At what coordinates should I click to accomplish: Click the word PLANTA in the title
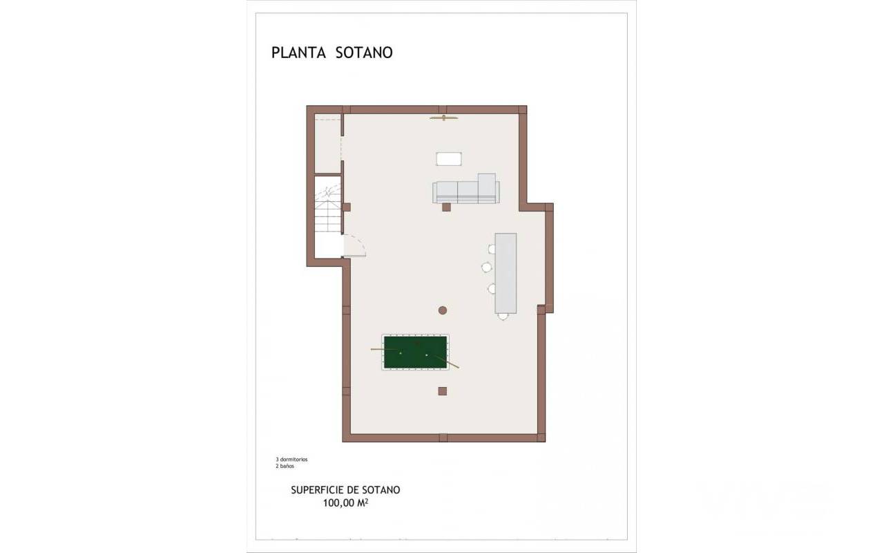pos(298,53)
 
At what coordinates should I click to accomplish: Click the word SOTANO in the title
pos(364,53)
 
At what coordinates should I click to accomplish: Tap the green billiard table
pos(416,353)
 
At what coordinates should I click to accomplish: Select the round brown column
pos(443,310)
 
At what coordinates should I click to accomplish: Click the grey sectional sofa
pos(466,189)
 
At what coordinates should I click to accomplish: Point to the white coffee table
pos(449,159)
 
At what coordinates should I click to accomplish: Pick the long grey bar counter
pos(506,273)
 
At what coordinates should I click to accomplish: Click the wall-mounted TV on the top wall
pos(444,118)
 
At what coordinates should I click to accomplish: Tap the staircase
pos(328,205)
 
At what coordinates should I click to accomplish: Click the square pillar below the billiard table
pos(443,391)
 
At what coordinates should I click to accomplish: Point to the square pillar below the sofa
pos(446,207)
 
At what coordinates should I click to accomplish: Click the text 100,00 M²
pos(346,503)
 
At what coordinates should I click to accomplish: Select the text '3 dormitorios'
pos(291,460)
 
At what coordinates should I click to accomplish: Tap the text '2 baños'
pos(285,466)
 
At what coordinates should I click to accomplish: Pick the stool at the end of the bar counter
pos(503,316)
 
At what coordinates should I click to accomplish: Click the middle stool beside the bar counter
pos(487,268)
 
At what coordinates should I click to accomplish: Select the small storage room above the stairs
pos(328,143)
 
